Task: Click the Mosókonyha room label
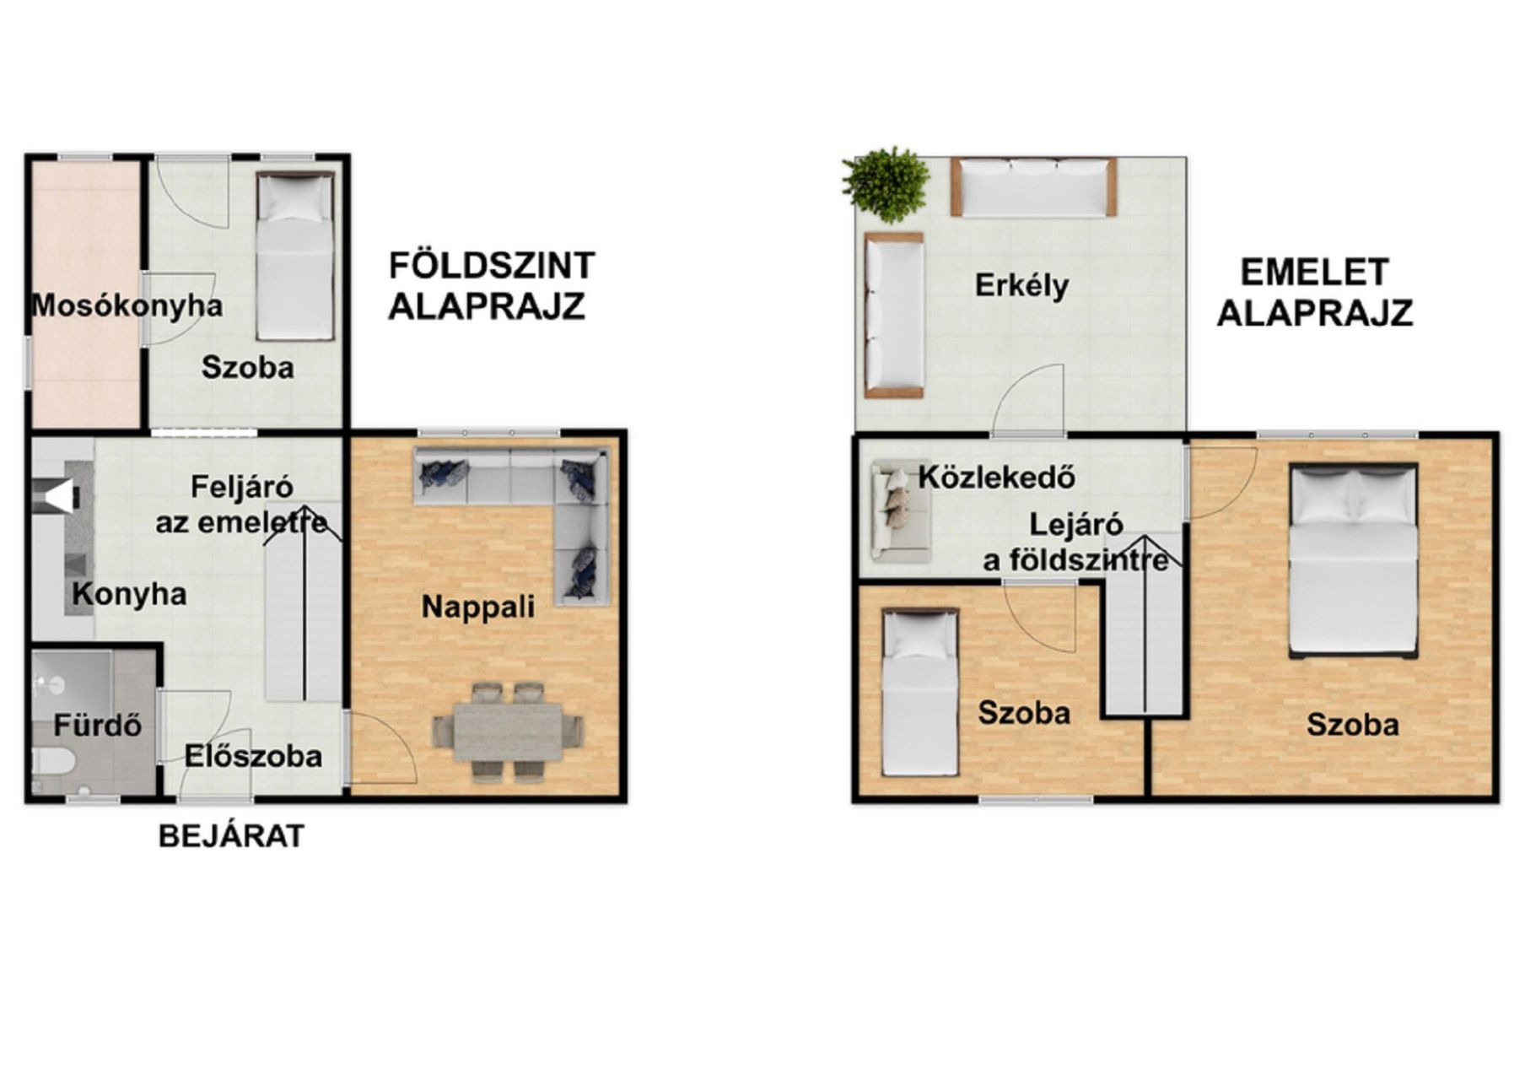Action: click(x=127, y=305)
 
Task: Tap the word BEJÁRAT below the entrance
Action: click(x=231, y=836)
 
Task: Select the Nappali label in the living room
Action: click(x=478, y=607)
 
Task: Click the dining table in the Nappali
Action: click(x=508, y=732)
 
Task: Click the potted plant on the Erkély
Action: click(x=886, y=184)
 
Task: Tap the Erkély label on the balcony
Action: click(x=1021, y=285)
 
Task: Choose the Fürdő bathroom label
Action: click(x=98, y=725)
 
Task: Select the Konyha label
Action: click(x=129, y=594)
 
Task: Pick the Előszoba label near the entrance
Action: click(x=253, y=756)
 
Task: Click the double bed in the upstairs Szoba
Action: click(x=1353, y=559)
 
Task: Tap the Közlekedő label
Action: click(x=997, y=478)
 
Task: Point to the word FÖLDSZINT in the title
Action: click(x=492, y=266)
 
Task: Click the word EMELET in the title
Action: click(x=1314, y=273)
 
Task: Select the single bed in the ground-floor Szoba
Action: click(x=295, y=256)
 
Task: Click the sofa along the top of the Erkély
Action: click(x=1033, y=187)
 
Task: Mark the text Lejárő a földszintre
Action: click(x=1076, y=543)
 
